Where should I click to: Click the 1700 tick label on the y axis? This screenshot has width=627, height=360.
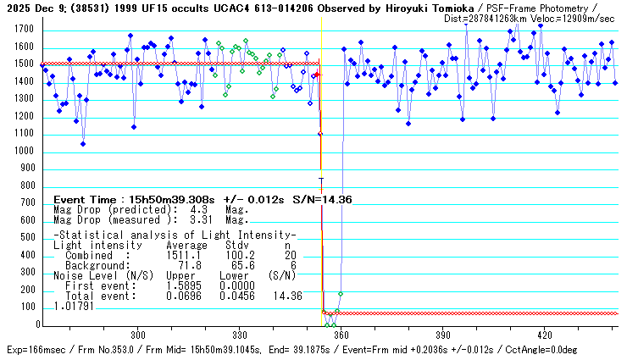tap(23, 30)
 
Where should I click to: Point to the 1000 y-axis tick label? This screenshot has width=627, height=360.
tap(23, 151)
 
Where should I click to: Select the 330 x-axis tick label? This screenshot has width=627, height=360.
tap(240, 334)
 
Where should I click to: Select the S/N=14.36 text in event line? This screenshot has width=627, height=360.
tap(321, 199)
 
